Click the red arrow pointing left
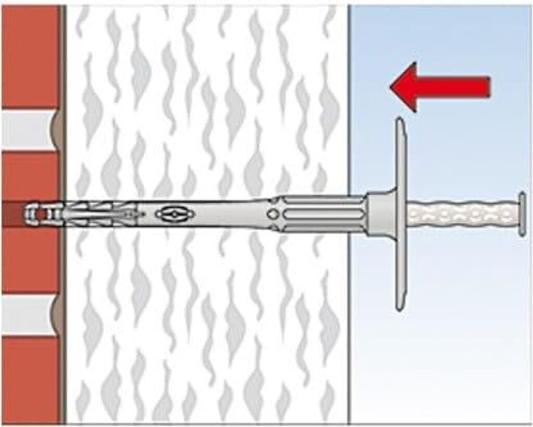440,86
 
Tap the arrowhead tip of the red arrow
391,86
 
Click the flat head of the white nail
522,213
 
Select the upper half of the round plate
399,156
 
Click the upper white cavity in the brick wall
29,130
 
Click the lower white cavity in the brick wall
29,315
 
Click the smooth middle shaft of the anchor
219,213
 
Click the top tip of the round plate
399,120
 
